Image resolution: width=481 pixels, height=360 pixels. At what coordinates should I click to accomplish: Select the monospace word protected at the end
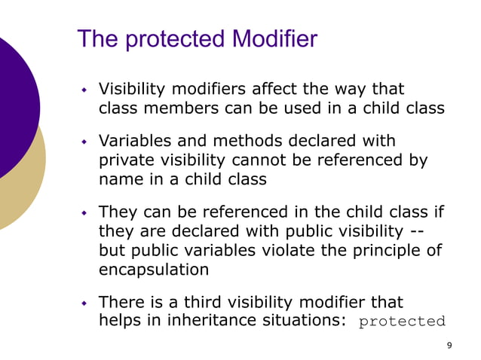402,322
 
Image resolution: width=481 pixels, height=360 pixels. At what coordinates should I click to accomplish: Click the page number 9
450,345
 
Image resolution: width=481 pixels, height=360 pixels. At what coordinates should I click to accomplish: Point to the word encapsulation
153,270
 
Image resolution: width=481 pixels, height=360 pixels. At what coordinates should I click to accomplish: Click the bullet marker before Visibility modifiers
85,90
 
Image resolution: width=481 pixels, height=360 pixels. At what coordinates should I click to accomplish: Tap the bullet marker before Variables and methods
85,142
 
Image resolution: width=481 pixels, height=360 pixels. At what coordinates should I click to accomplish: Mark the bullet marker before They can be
85,213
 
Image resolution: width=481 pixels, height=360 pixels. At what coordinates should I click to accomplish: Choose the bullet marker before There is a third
85,304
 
